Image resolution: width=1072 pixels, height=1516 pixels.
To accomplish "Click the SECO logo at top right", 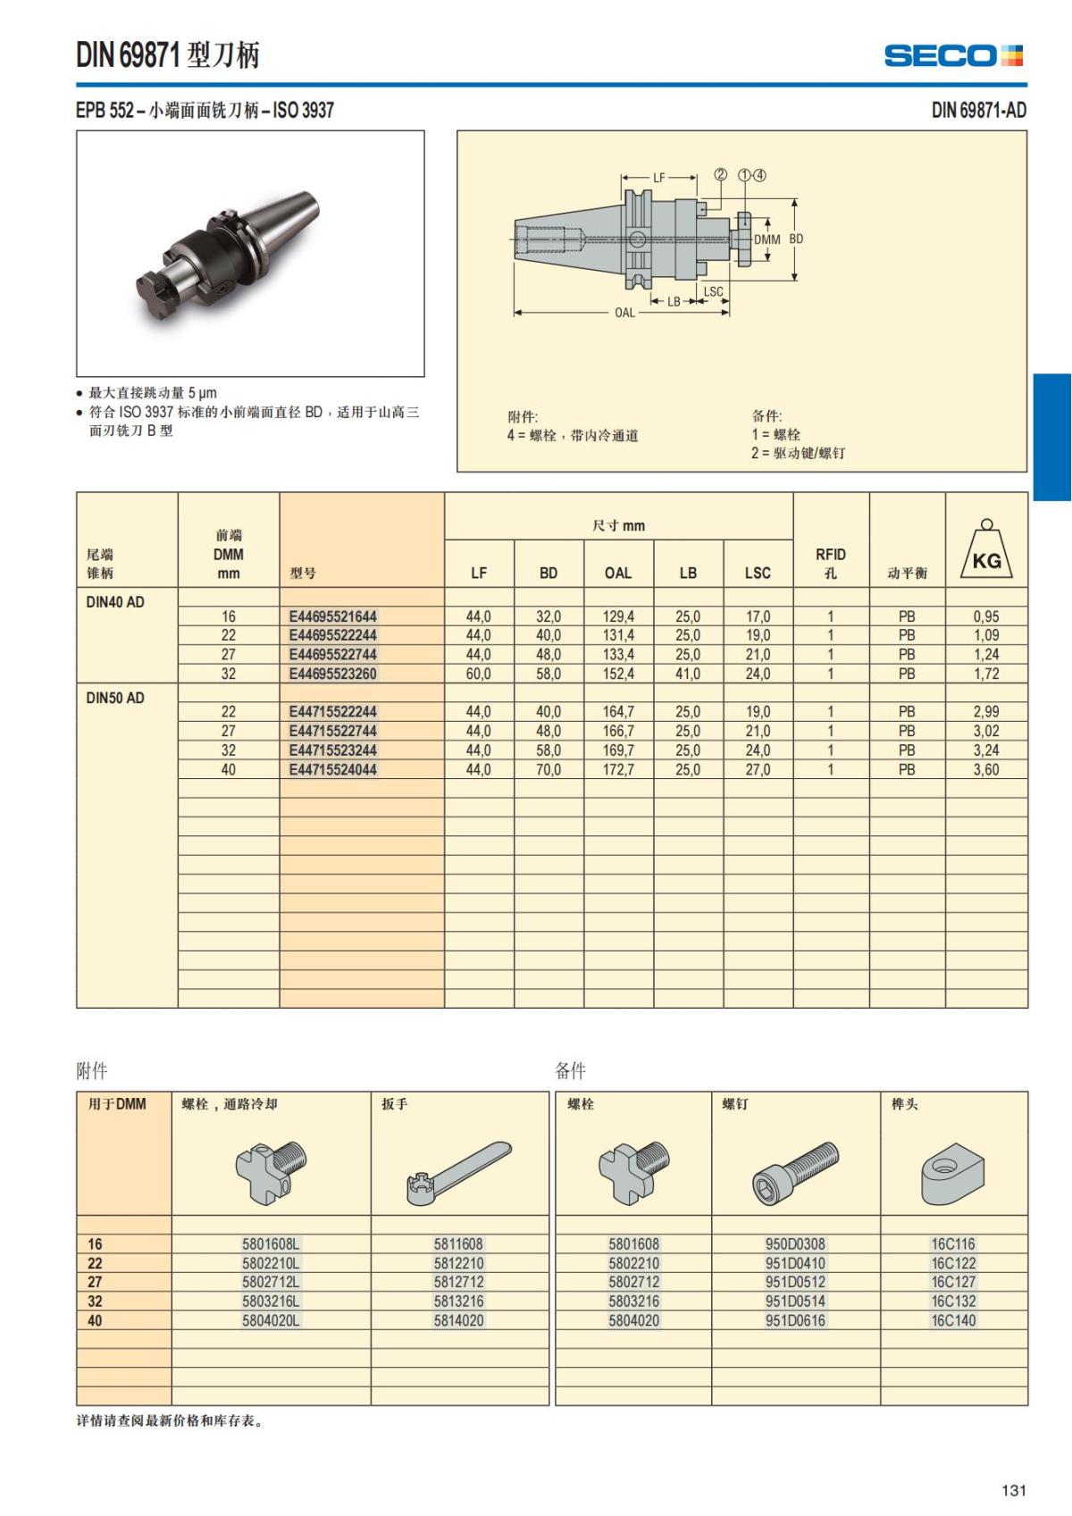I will pyautogui.click(x=953, y=55).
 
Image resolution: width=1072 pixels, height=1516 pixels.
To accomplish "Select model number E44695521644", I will pyautogui.click(x=332, y=616).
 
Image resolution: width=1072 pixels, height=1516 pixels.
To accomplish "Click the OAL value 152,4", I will pyautogui.click(x=618, y=674).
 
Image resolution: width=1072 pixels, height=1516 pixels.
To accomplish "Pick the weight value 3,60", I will pyautogui.click(x=986, y=769).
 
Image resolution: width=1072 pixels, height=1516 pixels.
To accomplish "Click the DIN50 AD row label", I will pyautogui.click(x=115, y=698).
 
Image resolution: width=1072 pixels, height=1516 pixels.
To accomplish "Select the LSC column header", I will pyautogui.click(x=758, y=573).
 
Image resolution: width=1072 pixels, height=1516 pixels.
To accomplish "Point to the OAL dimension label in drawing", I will pyautogui.click(x=624, y=313).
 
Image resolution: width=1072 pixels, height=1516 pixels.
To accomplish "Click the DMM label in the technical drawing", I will pyautogui.click(x=766, y=239).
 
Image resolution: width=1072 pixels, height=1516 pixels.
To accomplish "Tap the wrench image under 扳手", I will pyautogui.click(x=459, y=1172).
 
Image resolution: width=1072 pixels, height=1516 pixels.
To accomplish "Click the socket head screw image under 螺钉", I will pyautogui.click(x=795, y=1171).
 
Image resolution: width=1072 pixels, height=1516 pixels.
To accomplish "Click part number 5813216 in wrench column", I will pyautogui.click(x=458, y=1301).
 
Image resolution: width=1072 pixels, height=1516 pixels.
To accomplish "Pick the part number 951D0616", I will pyautogui.click(x=795, y=1320).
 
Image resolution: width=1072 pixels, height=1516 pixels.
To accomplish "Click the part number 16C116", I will pyautogui.click(x=953, y=1244).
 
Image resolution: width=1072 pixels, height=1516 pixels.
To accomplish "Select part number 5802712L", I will pyautogui.click(x=271, y=1282).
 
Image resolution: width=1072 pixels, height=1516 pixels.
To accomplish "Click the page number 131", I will pyautogui.click(x=1014, y=1490).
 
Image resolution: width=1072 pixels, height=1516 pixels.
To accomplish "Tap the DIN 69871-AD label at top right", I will pyautogui.click(x=978, y=110).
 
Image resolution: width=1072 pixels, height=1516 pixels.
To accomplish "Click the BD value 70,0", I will pyautogui.click(x=549, y=769).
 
